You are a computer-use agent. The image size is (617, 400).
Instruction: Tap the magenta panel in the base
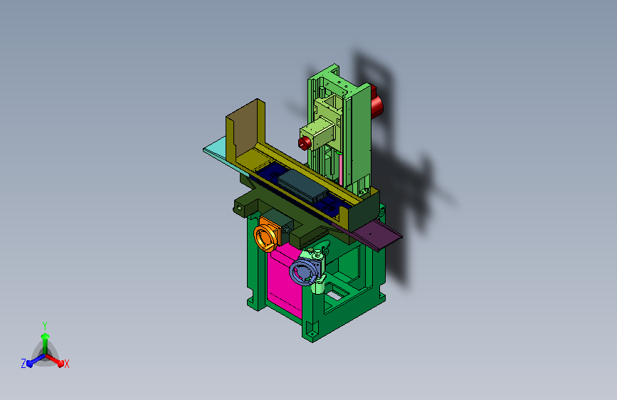[283, 280]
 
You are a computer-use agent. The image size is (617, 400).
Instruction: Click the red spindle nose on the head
[304, 143]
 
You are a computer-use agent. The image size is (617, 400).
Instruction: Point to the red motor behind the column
[376, 102]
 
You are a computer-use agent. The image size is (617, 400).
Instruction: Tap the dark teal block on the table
[303, 185]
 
